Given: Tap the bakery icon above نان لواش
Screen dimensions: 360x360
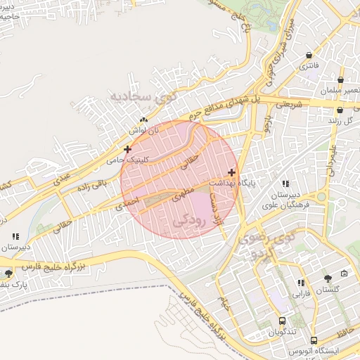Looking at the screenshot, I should [x=143, y=120].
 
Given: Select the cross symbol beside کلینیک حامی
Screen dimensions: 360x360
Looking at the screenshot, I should [x=127, y=149].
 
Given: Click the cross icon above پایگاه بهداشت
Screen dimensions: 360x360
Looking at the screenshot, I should [x=231, y=172].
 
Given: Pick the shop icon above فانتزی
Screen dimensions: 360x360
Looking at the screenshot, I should [x=309, y=56].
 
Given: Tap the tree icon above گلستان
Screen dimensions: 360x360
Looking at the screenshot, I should [x=327, y=278].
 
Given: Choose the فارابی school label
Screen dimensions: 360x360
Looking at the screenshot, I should [x=301, y=292].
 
